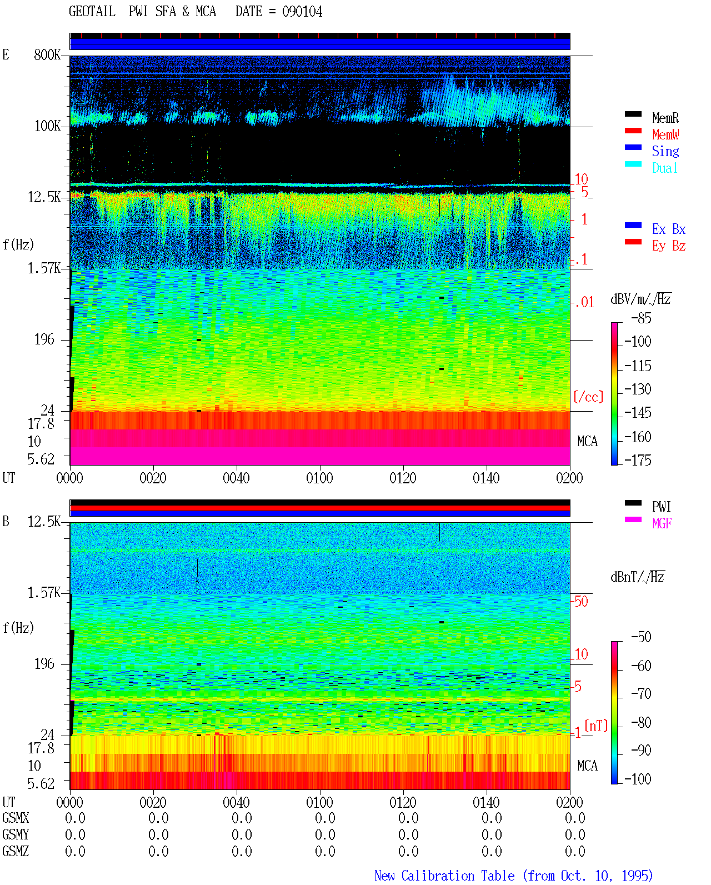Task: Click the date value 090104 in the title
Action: (x=302, y=12)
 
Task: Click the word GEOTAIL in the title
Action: (x=92, y=12)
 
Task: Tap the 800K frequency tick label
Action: (x=47, y=55)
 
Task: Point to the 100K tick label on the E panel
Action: (x=47, y=126)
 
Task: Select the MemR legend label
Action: (x=665, y=118)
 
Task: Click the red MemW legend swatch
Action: (x=633, y=131)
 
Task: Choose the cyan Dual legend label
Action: (x=664, y=168)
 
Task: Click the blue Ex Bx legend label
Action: (x=669, y=229)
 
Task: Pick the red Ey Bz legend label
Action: (x=669, y=246)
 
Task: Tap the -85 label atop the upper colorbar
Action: (x=641, y=318)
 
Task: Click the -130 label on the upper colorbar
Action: (x=638, y=389)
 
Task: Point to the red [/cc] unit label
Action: (x=588, y=397)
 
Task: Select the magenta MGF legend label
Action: (x=662, y=523)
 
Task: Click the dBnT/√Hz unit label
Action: (x=637, y=577)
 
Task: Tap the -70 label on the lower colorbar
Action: (x=641, y=694)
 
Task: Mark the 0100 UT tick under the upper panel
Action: (x=319, y=478)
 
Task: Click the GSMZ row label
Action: (x=16, y=851)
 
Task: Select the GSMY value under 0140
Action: (x=492, y=834)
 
